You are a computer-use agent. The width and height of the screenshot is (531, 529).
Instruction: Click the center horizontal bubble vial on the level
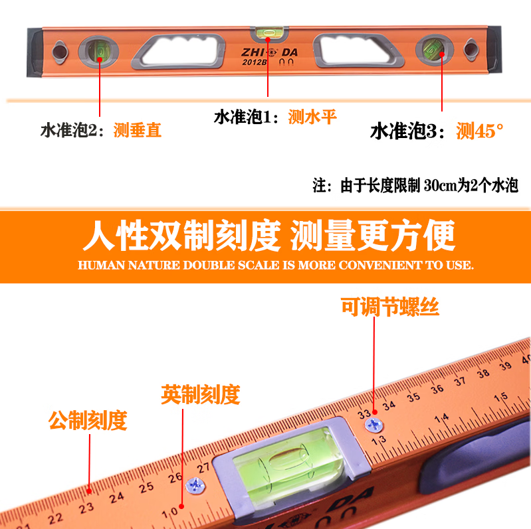pyautogui.click(x=269, y=33)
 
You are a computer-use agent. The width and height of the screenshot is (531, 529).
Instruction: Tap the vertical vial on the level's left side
pyautogui.click(x=98, y=51)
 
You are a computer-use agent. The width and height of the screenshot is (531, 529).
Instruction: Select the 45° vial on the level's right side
pyautogui.click(x=435, y=50)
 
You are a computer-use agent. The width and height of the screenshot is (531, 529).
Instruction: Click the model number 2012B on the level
pyautogui.click(x=255, y=62)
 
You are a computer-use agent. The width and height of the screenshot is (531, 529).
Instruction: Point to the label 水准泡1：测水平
pyautogui.click(x=275, y=117)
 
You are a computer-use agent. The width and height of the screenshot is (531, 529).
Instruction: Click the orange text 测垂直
pyautogui.click(x=138, y=130)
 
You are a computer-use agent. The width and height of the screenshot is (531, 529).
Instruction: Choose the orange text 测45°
pyautogui.click(x=480, y=131)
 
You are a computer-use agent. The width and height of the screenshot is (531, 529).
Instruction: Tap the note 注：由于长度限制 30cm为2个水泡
pyautogui.click(x=415, y=185)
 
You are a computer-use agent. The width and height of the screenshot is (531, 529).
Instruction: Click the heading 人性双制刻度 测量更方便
pyautogui.click(x=269, y=235)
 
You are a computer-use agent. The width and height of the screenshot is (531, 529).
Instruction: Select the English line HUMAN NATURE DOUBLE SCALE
pyautogui.click(x=276, y=265)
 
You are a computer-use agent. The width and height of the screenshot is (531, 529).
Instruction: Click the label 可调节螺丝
pyautogui.click(x=390, y=307)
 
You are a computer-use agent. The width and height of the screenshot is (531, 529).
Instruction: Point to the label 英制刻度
pyautogui.click(x=201, y=394)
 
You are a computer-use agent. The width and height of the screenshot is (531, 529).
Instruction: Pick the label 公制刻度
pyautogui.click(x=88, y=420)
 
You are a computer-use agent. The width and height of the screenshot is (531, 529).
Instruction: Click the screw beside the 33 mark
pyautogui.click(x=374, y=425)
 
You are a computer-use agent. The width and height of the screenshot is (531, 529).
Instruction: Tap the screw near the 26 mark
pyautogui.click(x=196, y=485)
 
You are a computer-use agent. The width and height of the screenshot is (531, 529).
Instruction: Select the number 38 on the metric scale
pyautogui.click(x=483, y=374)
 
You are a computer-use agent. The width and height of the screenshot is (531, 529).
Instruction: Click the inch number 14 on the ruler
pyautogui.click(x=442, y=419)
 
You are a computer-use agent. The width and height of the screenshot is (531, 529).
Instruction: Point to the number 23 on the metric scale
pyautogui.click(x=86, y=508)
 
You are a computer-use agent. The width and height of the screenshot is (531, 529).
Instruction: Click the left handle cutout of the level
pyautogui.click(x=179, y=51)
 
